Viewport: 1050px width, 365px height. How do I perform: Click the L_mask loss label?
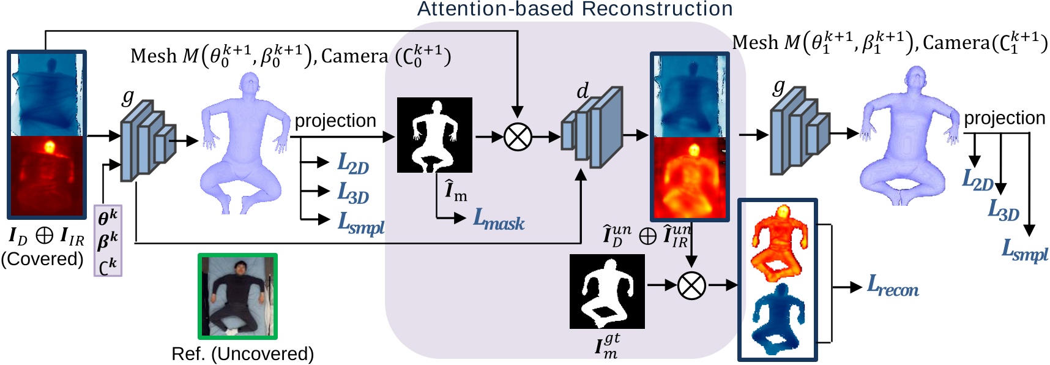point(499,219)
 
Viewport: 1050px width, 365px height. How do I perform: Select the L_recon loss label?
point(893,286)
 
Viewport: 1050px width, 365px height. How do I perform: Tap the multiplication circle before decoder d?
point(518,137)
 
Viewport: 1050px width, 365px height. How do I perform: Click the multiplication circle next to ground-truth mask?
point(691,285)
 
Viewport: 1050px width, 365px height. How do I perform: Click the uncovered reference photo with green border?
point(237,296)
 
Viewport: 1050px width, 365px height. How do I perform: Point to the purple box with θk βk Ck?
point(108,241)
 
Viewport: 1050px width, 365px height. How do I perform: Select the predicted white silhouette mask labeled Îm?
point(434,135)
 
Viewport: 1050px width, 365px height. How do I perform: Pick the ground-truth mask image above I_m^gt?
point(607,292)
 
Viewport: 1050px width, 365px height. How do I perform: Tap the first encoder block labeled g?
point(147,141)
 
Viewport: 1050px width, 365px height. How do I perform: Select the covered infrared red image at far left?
point(47,176)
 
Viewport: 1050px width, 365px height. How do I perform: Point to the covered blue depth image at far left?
point(47,94)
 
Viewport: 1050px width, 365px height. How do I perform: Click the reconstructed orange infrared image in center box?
point(690,178)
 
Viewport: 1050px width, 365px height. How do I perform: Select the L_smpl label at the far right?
point(1024,250)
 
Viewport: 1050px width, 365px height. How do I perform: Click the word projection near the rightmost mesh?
point(1004,118)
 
